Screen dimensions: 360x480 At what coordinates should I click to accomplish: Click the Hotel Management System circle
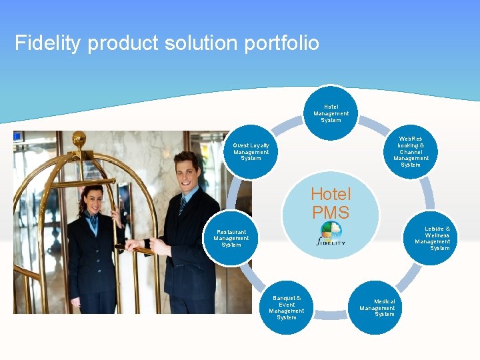331,113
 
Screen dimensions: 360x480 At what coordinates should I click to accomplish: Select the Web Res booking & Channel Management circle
411,152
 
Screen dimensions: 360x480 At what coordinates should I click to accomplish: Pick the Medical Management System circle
377,307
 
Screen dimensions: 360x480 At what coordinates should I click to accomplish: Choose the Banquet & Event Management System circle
287,307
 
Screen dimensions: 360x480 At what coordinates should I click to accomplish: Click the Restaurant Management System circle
231,238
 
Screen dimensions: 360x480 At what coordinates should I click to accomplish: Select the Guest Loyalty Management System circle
251,151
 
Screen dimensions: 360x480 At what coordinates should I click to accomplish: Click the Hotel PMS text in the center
331,203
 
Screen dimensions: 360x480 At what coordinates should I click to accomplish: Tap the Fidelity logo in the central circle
331,233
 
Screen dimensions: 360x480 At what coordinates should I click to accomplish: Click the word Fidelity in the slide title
48,43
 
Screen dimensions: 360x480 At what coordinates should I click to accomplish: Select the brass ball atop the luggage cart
79,139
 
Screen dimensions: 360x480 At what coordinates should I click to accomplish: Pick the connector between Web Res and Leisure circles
429,193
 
